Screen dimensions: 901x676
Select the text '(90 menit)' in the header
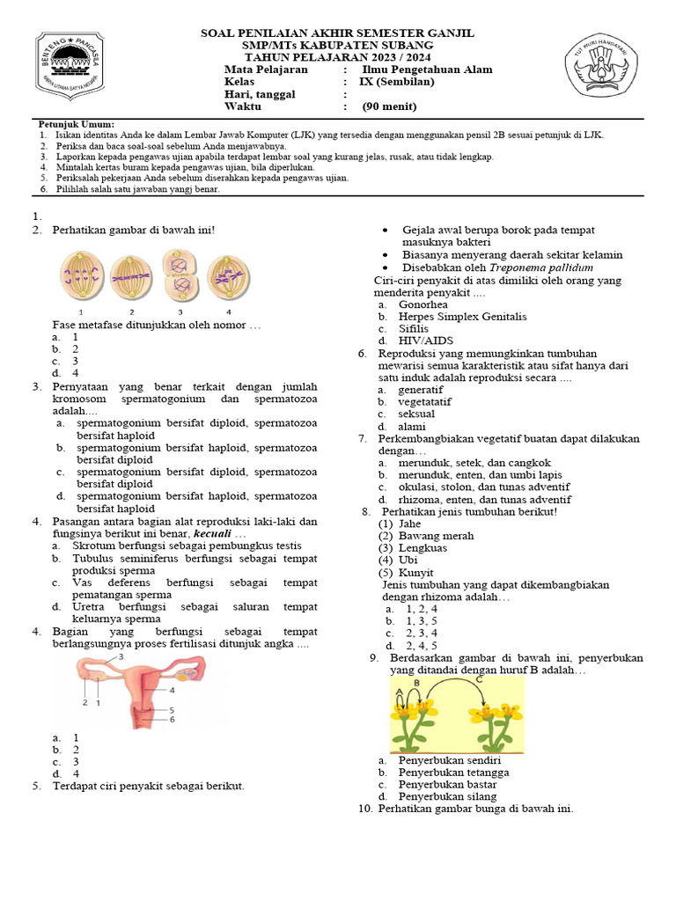pos(389,107)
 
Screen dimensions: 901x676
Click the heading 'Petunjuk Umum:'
pos(77,124)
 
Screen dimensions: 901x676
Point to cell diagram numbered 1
pos(81,274)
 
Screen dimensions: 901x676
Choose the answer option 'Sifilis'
pos(416,328)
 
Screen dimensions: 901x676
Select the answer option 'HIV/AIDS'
pos(422,341)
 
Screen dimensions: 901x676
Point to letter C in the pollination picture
pos(478,679)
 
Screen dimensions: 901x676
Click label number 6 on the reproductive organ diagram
pos(173,719)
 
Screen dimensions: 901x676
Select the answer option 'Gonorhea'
pos(422,304)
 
